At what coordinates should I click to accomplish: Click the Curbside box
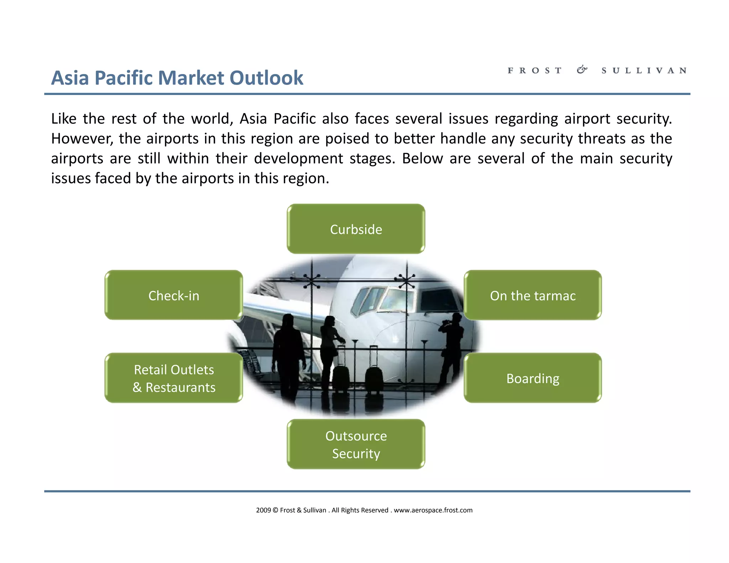point(356,229)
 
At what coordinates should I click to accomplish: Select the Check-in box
point(174,295)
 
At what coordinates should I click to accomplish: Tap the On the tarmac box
point(533,295)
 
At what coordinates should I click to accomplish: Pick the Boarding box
point(533,378)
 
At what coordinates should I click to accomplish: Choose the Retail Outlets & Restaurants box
point(174,378)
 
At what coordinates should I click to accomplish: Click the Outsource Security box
point(356,444)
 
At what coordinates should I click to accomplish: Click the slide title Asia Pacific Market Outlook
point(177,78)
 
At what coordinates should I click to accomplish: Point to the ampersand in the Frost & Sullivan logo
point(582,70)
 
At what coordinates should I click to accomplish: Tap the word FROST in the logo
point(535,70)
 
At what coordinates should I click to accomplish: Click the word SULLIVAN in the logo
point(644,70)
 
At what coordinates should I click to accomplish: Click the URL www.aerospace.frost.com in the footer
point(433,510)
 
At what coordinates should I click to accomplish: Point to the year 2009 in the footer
point(263,510)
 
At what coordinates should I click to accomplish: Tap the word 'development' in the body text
point(298,159)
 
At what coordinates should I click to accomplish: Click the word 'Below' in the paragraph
point(422,159)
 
